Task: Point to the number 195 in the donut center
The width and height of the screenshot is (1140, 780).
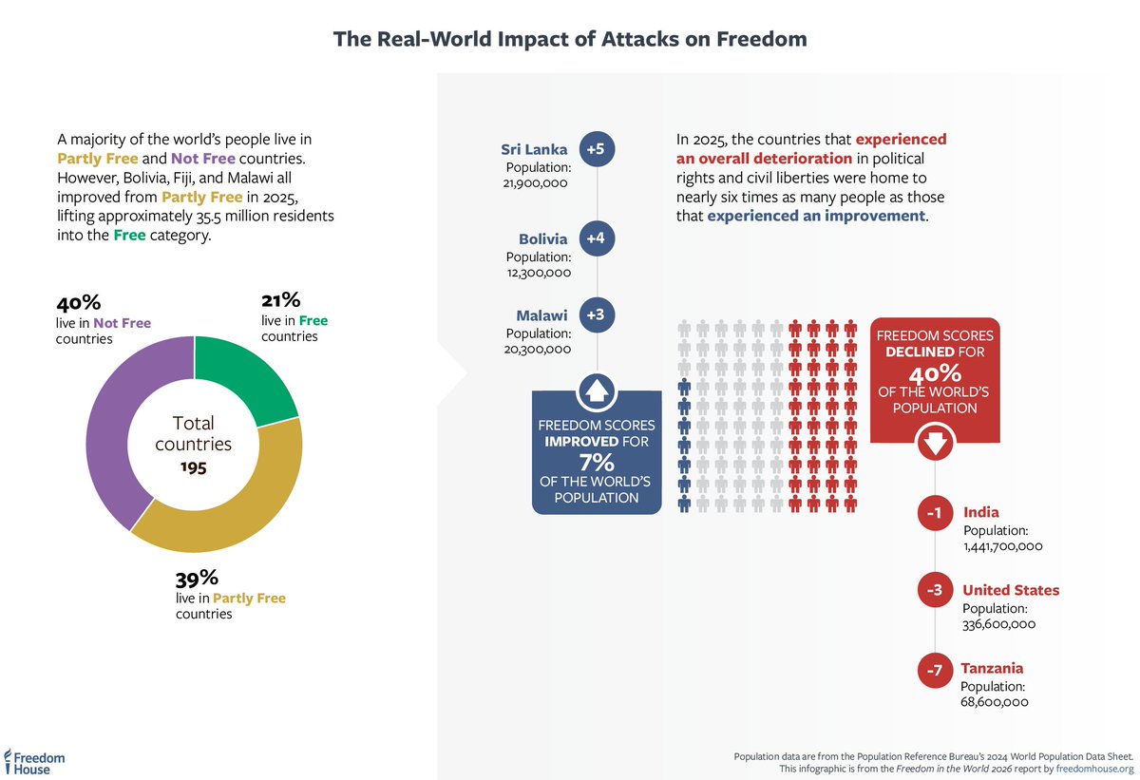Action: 194,467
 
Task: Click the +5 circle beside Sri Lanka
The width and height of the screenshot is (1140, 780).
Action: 596,148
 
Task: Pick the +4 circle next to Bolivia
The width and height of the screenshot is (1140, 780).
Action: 596,238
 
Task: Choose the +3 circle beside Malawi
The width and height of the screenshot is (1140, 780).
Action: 596,315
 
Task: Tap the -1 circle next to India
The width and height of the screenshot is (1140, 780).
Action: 934,514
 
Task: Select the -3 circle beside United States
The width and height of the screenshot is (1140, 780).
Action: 934,591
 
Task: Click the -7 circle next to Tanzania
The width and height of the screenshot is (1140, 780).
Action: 934,670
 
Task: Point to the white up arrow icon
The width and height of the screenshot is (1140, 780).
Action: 596,390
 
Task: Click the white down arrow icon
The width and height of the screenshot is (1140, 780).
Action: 934,444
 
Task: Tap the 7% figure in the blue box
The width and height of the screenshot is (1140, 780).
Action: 596,462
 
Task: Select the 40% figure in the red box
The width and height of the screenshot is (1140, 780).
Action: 935,373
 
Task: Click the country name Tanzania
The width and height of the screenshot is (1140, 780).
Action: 992,669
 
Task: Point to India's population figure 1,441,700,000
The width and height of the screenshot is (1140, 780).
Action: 1003,546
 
